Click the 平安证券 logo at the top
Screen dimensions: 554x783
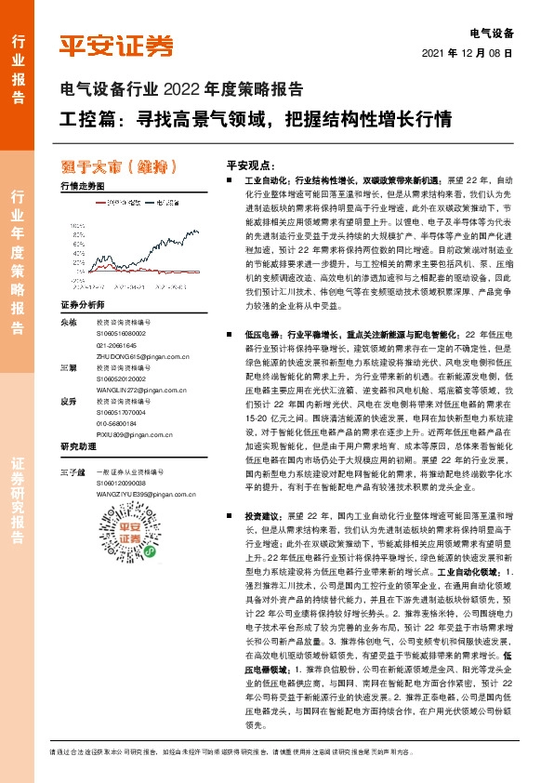pyautogui.click(x=116, y=44)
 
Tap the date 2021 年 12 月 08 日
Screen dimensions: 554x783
pyautogui.click(x=468, y=54)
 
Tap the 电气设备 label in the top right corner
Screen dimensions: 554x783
pyautogui.click(x=493, y=33)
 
